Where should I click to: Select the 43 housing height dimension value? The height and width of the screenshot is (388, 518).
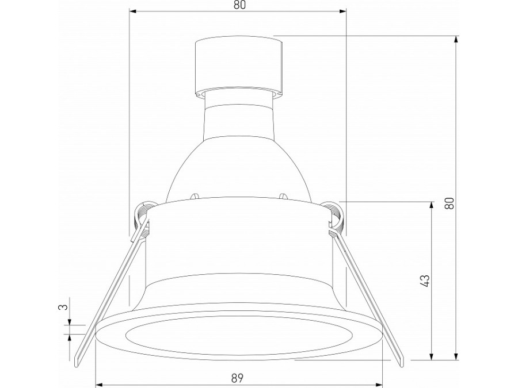tap(424, 281)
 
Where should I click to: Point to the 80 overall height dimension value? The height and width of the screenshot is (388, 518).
tap(450, 202)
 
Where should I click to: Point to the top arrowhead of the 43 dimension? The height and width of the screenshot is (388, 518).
tap(431, 205)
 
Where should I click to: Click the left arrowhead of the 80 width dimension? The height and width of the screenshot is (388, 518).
tap(133, 11)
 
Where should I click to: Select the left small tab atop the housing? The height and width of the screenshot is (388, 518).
tap(195, 196)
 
